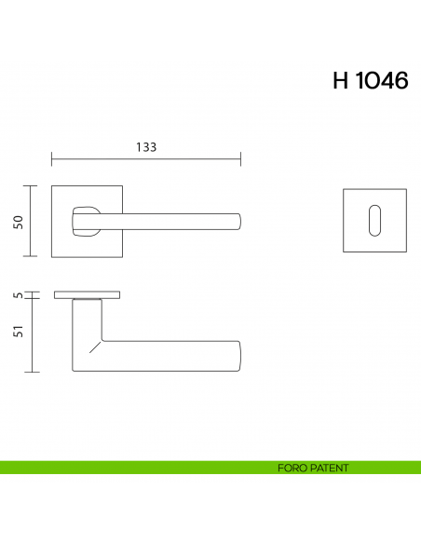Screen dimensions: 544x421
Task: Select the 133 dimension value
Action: [146, 147]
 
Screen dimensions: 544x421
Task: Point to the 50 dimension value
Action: [17, 221]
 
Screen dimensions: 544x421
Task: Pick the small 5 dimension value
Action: [17, 295]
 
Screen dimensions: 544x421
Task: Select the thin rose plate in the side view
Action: [87, 295]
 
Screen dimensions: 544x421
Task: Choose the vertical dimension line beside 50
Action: [34, 221]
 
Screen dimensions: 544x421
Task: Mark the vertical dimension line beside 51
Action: [34, 335]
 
